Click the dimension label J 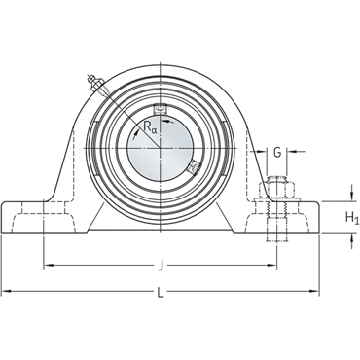pyautogui.click(x=160, y=267)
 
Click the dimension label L pyautogui.click(x=161, y=293)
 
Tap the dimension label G pyautogui.click(x=277, y=152)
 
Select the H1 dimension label pyautogui.click(x=352, y=218)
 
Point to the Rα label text pyautogui.click(x=150, y=128)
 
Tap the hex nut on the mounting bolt pyautogui.click(x=276, y=189)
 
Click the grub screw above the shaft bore pyautogui.click(x=160, y=108)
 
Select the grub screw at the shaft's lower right pyautogui.click(x=194, y=167)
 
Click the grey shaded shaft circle pyautogui.click(x=160, y=148)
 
